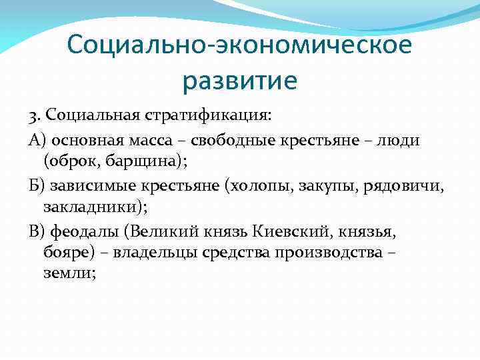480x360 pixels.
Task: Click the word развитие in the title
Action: pyautogui.click(x=239, y=81)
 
